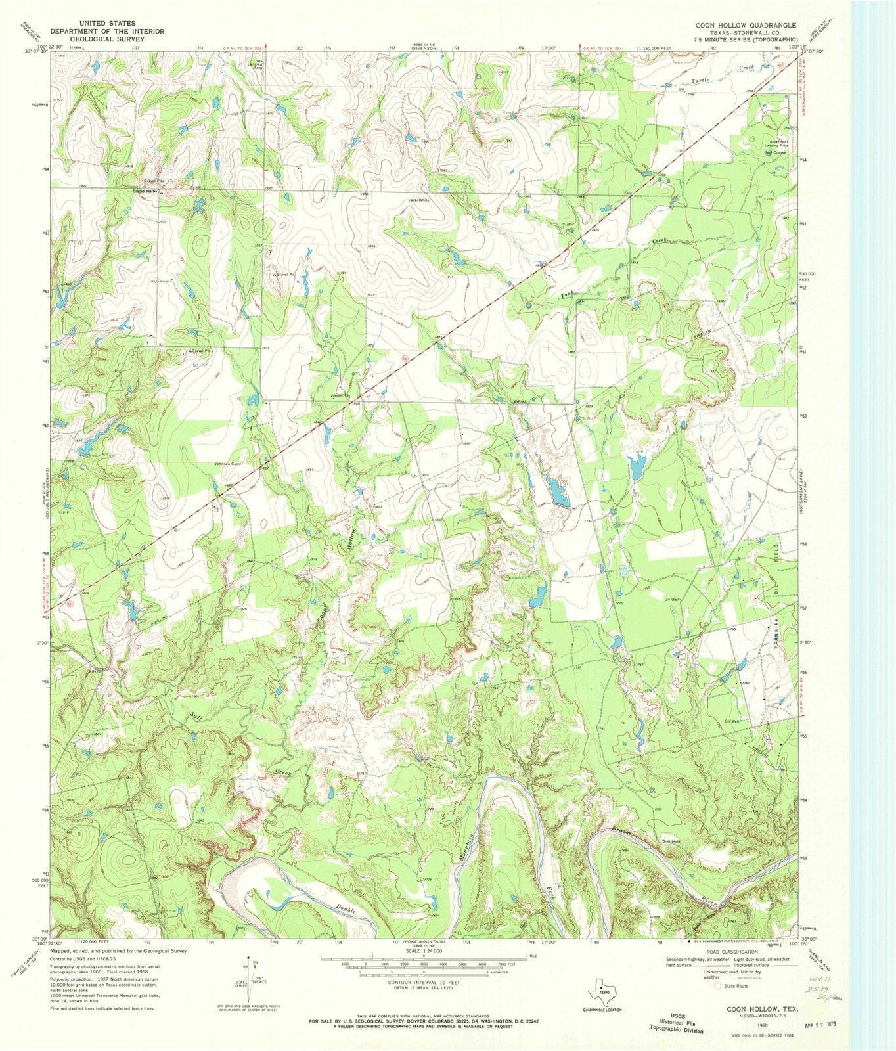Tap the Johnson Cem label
click(225, 464)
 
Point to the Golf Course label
click(774, 152)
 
